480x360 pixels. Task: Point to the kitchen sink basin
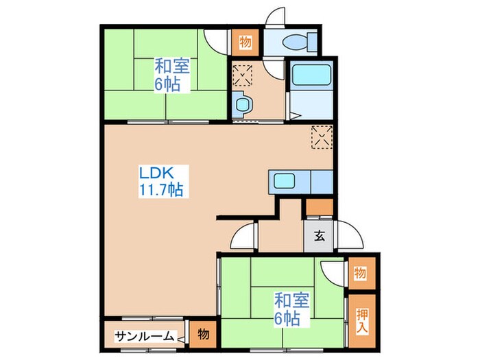[x=283, y=182]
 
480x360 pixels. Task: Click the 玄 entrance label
[x=320, y=238]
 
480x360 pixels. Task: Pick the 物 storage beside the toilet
[x=245, y=43]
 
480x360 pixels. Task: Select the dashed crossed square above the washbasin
[x=243, y=73]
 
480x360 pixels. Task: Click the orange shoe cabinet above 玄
[x=320, y=208]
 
